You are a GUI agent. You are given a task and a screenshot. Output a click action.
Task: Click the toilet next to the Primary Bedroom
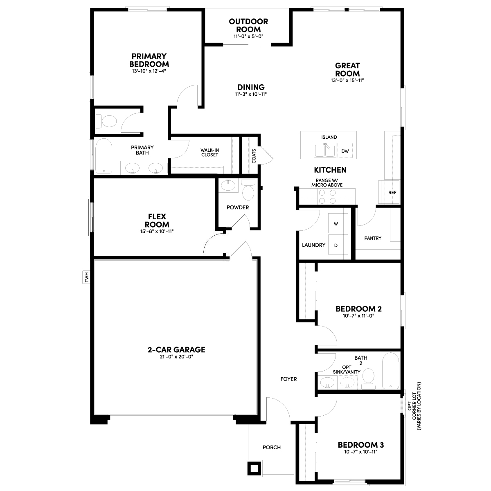coord(106,121)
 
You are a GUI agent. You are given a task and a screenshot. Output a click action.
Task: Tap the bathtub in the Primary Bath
coord(104,156)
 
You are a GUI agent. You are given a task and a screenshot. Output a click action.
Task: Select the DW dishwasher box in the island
coord(345,151)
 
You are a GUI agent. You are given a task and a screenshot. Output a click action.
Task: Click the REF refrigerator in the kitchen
coord(389,192)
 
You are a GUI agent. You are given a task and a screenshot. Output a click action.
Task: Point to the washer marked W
coord(338,223)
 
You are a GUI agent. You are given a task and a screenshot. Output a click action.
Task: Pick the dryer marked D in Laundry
coord(338,245)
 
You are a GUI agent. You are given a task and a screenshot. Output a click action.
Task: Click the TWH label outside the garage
coord(86,277)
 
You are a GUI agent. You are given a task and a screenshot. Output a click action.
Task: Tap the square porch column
coord(254,468)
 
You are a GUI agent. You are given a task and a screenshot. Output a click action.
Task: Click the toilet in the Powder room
coord(248,190)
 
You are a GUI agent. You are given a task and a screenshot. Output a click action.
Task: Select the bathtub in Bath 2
coord(390,371)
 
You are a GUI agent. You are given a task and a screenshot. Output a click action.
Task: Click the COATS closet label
coord(254,156)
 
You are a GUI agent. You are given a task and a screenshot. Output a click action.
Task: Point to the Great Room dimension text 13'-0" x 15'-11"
coord(347,80)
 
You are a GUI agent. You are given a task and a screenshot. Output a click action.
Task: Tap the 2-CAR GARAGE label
coord(176,349)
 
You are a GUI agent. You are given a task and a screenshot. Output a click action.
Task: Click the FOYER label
coord(288,379)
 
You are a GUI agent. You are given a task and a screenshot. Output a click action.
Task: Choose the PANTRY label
coord(372,238)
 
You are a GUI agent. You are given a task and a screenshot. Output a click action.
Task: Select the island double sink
coord(325,150)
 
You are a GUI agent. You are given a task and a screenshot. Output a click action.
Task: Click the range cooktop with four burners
coord(327,197)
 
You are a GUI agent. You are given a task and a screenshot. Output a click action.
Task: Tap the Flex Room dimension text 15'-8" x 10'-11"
coord(157,231)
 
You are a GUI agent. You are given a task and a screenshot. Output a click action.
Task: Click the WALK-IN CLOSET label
coord(209,152)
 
